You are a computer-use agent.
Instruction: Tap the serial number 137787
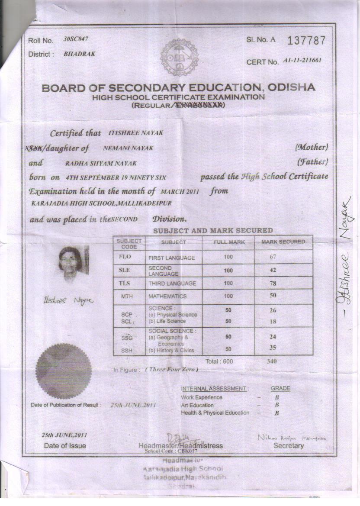click(306, 40)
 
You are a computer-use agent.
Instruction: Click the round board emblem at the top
click(179, 57)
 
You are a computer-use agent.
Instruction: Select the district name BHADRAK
click(79, 54)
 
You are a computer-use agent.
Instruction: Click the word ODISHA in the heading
click(291, 87)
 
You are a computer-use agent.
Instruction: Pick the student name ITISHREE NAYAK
click(135, 133)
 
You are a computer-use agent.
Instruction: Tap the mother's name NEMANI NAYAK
click(128, 148)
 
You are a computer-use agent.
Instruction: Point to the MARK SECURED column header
click(283, 242)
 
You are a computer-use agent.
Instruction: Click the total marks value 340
click(272, 361)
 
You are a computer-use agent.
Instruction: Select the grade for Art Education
click(276, 405)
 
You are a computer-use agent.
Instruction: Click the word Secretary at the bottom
click(288, 445)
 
